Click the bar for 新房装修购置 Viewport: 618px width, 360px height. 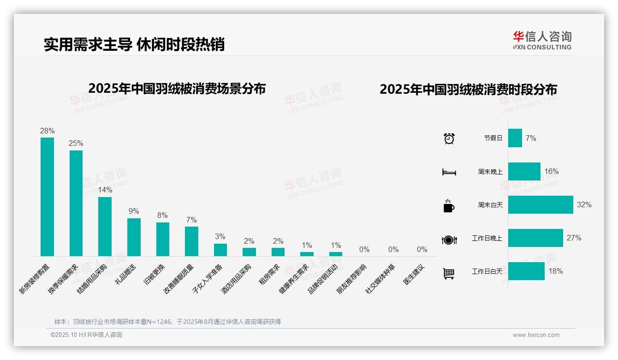click(x=47, y=197)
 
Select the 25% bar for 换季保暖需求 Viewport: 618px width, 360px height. click(x=76, y=203)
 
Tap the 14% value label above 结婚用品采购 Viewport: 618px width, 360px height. click(x=105, y=190)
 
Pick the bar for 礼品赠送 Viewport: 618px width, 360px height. click(x=134, y=237)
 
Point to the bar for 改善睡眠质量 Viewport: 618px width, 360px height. click(x=191, y=241)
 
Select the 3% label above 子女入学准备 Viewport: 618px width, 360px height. click(x=220, y=236)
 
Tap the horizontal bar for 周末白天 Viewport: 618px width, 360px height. click(x=540, y=204)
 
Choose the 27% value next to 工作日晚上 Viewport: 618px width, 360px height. click(x=574, y=238)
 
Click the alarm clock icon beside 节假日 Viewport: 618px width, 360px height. click(x=449, y=138)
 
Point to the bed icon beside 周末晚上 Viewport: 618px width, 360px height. click(x=449, y=172)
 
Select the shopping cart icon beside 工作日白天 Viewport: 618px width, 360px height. click(x=449, y=273)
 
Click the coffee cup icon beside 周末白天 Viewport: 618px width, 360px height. click(x=449, y=206)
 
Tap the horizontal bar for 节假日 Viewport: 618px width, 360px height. click(x=515, y=138)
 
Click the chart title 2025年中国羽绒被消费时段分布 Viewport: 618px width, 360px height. click(x=468, y=90)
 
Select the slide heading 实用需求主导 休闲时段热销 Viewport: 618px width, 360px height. click(x=134, y=45)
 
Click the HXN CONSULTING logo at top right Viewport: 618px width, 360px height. click(x=542, y=41)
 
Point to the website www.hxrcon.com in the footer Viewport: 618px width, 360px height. click(x=535, y=335)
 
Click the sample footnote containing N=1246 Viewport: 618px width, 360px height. click(x=167, y=322)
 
